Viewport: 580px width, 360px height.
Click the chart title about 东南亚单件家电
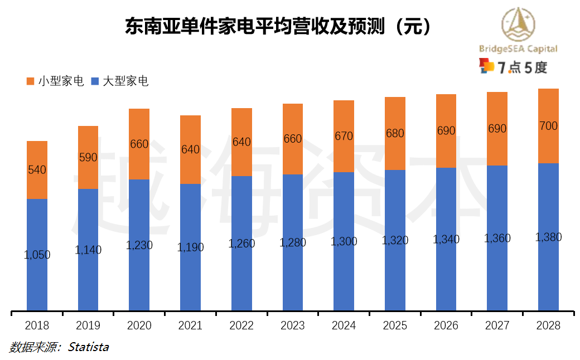[278, 26]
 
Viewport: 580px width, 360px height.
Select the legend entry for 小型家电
[55, 81]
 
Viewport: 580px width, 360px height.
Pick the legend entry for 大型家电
[120, 81]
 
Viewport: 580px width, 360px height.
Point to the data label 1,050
[37, 255]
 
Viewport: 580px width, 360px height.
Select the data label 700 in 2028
[548, 127]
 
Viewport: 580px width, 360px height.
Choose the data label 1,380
[548, 237]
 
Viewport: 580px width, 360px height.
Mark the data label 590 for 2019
[88, 158]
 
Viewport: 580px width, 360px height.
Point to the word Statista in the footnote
[88, 347]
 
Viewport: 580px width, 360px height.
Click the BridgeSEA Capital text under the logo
[518, 48]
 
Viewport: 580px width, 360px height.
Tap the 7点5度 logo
[513, 67]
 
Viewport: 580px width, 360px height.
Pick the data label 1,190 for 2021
[190, 247]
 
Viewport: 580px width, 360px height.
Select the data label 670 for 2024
[344, 136]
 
